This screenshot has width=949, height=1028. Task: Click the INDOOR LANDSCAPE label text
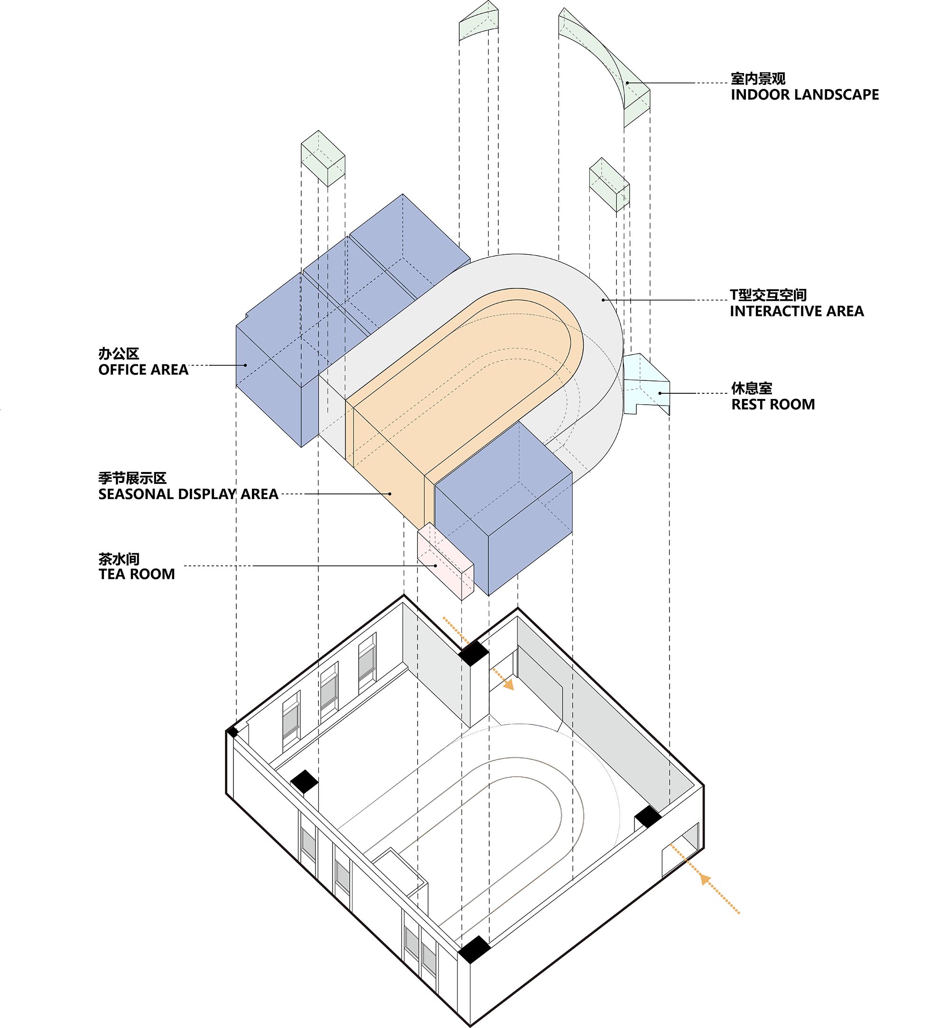pos(804,94)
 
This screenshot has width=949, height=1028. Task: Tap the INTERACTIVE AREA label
pos(797,311)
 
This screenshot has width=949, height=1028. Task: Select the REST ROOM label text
pos(773,405)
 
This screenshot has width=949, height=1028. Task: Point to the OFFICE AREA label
pos(143,370)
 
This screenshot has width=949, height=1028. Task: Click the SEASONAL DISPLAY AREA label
pos(188,494)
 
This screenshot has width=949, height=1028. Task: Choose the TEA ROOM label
pos(137,574)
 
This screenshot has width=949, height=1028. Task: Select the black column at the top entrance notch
pos(474,653)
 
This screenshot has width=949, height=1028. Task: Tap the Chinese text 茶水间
pos(119,559)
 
